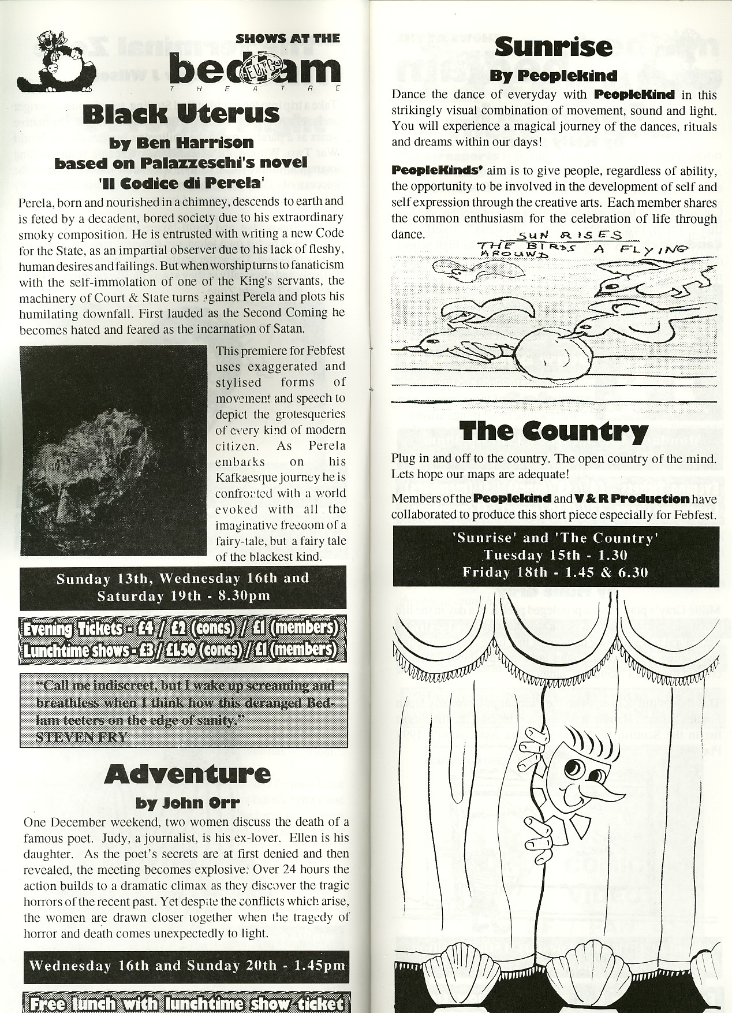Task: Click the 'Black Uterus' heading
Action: [x=181, y=114]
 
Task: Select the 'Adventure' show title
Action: [x=188, y=774]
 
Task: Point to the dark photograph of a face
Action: [x=113, y=450]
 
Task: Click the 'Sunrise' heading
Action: [x=553, y=46]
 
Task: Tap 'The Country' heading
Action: [x=554, y=431]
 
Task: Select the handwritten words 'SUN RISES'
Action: [x=569, y=236]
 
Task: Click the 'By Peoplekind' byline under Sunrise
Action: [x=553, y=76]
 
